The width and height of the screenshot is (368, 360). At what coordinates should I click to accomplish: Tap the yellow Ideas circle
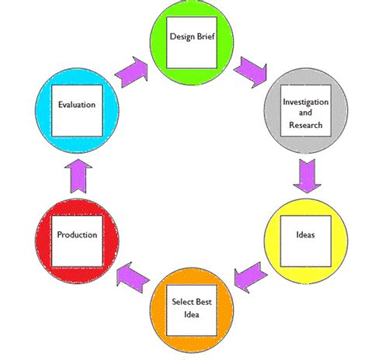click(304, 234)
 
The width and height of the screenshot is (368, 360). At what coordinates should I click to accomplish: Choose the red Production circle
click(76, 234)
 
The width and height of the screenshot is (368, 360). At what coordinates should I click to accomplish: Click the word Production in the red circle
click(76, 234)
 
